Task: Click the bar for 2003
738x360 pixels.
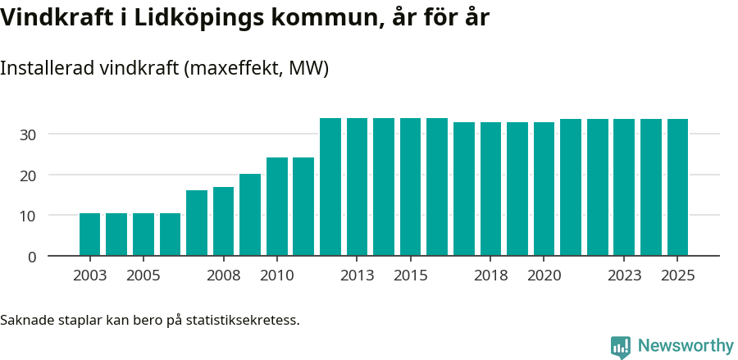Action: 89,235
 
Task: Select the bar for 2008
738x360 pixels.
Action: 223,221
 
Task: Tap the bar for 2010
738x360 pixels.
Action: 276,207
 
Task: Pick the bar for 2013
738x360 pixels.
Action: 357,187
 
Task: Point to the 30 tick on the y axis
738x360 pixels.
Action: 29,134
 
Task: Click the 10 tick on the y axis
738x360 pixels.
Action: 29,216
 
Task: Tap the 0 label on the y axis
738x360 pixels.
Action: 32,257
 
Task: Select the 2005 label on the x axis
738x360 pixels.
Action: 143,276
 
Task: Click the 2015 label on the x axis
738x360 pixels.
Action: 410,276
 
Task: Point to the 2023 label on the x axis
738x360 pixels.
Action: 624,276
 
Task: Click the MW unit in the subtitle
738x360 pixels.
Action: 308,68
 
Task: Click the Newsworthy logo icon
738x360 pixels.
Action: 621,346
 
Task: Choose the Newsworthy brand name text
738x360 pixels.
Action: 686,346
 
